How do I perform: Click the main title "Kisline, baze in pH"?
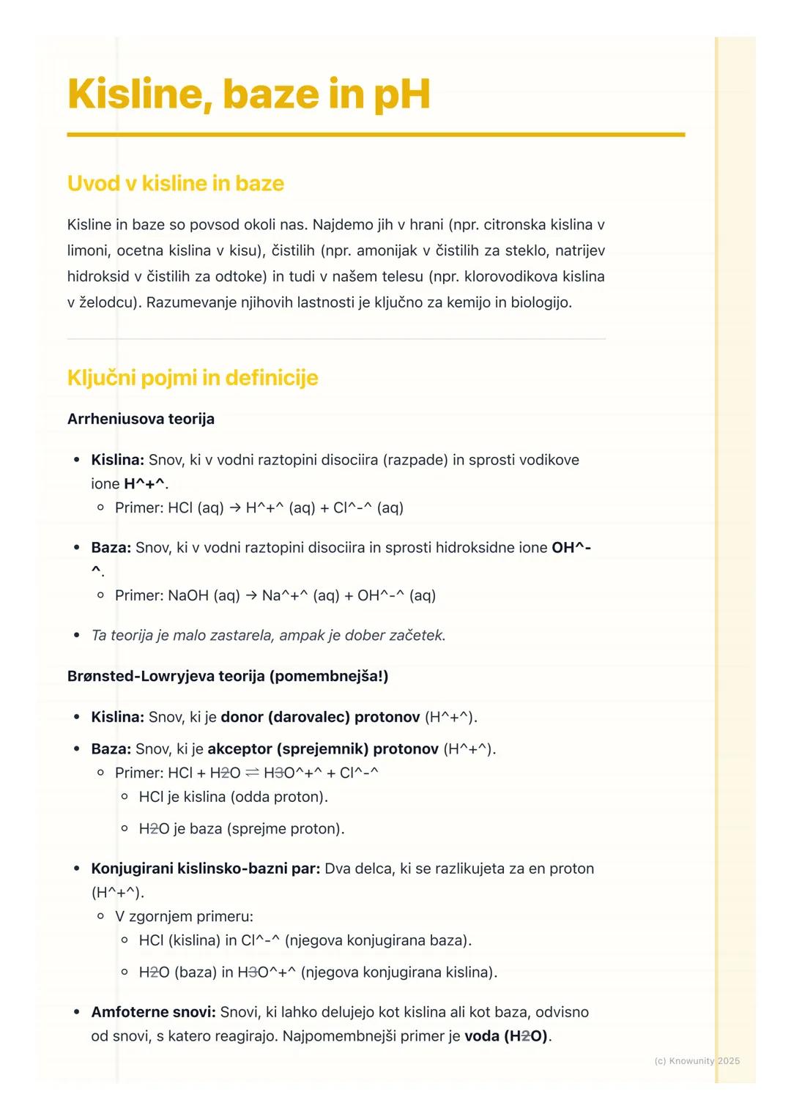coord(248,94)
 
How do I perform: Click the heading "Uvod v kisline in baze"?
coord(175,183)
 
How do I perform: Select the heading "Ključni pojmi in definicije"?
coord(193,378)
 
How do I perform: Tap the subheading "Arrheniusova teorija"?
coord(141,419)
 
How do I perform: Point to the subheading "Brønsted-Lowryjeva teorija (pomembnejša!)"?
coord(228,676)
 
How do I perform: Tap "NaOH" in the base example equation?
coord(188,595)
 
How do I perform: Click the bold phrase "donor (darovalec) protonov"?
coord(320,717)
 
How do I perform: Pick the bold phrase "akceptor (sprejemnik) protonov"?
coord(323,749)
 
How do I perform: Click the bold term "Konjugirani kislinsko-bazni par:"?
coord(206,869)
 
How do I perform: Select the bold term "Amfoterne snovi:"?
coord(153,1012)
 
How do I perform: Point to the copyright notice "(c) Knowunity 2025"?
coord(697,1060)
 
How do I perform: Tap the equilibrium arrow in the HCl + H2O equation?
coord(252,773)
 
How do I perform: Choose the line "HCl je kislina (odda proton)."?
coord(234,797)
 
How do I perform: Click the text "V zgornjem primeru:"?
coord(184,916)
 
